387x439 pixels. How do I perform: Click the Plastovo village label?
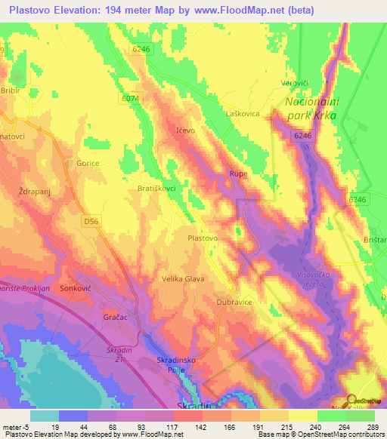[203, 238]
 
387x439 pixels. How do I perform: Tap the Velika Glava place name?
[183, 278]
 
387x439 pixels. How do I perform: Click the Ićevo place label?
[186, 130]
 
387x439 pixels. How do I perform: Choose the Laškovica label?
[243, 112]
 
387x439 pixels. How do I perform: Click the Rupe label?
[238, 174]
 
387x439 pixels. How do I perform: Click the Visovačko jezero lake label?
[322, 281]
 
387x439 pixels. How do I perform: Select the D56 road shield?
[91, 221]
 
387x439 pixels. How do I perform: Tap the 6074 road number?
[130, 98]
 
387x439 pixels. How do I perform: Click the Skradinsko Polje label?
[178, 365]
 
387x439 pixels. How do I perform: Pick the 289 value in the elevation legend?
[370, 426]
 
